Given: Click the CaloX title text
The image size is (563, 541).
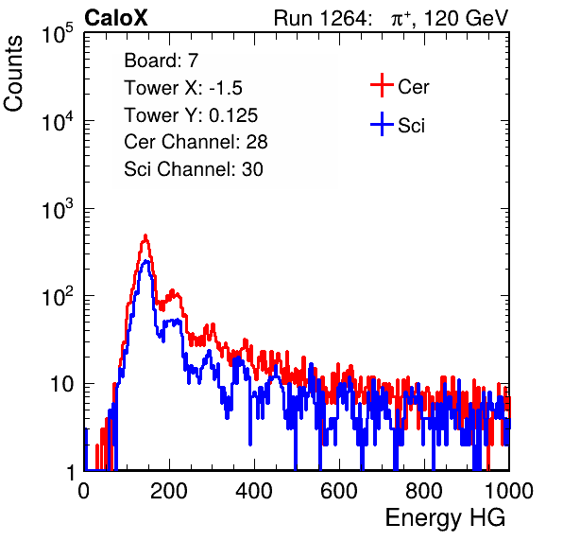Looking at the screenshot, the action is pyautogui.click(x=115, y=18).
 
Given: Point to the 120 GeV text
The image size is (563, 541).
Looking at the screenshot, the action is pyautogui.click(x=466, y=18).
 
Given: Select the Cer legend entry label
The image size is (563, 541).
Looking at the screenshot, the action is pyautogui.click(x=413, y=87).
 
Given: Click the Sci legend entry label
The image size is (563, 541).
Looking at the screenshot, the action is pyautogui.click(x=411, y=126).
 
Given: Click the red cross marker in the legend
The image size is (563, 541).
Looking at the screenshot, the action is pyautogui.click(x=382, y=85).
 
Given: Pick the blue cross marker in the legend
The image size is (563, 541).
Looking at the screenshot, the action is pyautogui.click(x=382, y=124).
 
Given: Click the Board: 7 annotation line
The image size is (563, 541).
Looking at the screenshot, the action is pyautogui.click(x=161, y=61).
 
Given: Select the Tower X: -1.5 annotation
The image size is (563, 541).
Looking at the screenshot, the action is pyautogui.click(x=183, y=88).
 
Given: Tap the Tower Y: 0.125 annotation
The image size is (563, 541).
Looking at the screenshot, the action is pyautogui.click(x=191, y=115).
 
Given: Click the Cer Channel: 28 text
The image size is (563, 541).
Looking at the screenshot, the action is pyautogui.click(x=196, y=142).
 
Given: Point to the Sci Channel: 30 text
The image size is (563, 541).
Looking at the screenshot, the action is pyautogui.click(x=194, y=169).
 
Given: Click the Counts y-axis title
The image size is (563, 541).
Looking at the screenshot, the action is pyautogui.click(x=13, y=74).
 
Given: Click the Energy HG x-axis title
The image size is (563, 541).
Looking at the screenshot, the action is pyautogui.click(x=445, y=518).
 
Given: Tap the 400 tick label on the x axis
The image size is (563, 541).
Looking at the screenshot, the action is pyautogui.click(x=254, y=491).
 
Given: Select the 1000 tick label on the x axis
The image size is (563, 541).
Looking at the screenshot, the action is pyautogui.click(x=509, y=491).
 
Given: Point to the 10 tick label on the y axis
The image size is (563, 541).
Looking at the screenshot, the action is pyautogui.click(x=61, y=384).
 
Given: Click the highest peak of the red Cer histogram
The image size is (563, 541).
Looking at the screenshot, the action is pyautogui.click(x=145, y=236).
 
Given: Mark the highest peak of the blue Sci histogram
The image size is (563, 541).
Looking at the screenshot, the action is pyautogui.click(x=145, y=261).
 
